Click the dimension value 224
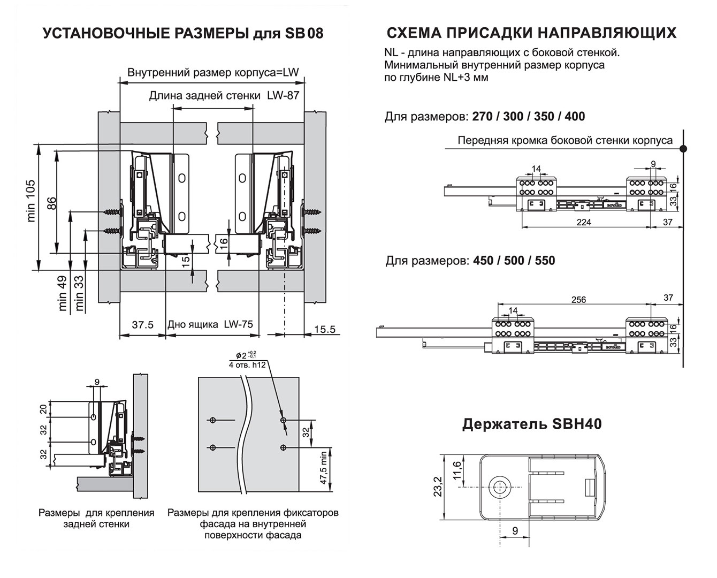tap(583, 222)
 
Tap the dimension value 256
tap(578, 300)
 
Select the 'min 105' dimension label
tap(31, 201)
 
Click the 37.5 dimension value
tap(143, 325)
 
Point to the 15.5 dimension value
tap(325, 329)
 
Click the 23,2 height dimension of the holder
tap(438, 486)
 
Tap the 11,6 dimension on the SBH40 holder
tap(457, 470)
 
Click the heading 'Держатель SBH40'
tap(532, 424)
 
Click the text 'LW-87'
tap(283, 95)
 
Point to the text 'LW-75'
tap(239, 324)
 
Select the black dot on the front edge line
tap(683, 149)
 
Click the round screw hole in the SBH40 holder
tap(499, 486)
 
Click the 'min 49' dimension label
tap(63, 293)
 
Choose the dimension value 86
tap(52, 203)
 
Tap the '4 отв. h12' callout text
tap(247, 364)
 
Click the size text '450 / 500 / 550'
tap(514, 260)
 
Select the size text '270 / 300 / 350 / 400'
tap(529, 116)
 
